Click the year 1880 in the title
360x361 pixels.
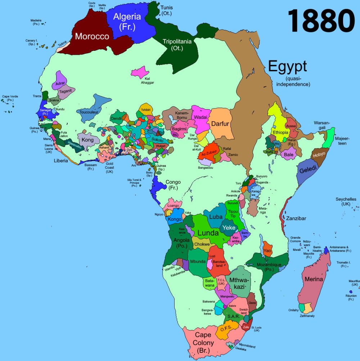coord(321,21)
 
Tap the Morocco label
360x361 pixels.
coord(92,36)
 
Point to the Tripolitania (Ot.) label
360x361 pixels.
coord(177,44)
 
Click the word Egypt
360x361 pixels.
coord(287,66)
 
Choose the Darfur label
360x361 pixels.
coord(220,124)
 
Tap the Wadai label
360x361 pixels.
coord(201,117)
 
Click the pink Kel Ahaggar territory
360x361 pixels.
coord(140,72)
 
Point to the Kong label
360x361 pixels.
coord(87,140)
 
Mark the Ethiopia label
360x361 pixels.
coord(280,133)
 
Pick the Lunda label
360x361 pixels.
coord(208,232)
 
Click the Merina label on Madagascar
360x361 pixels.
coord(314,279)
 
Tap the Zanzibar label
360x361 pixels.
coord(296,218)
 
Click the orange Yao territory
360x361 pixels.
coord(267,250)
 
